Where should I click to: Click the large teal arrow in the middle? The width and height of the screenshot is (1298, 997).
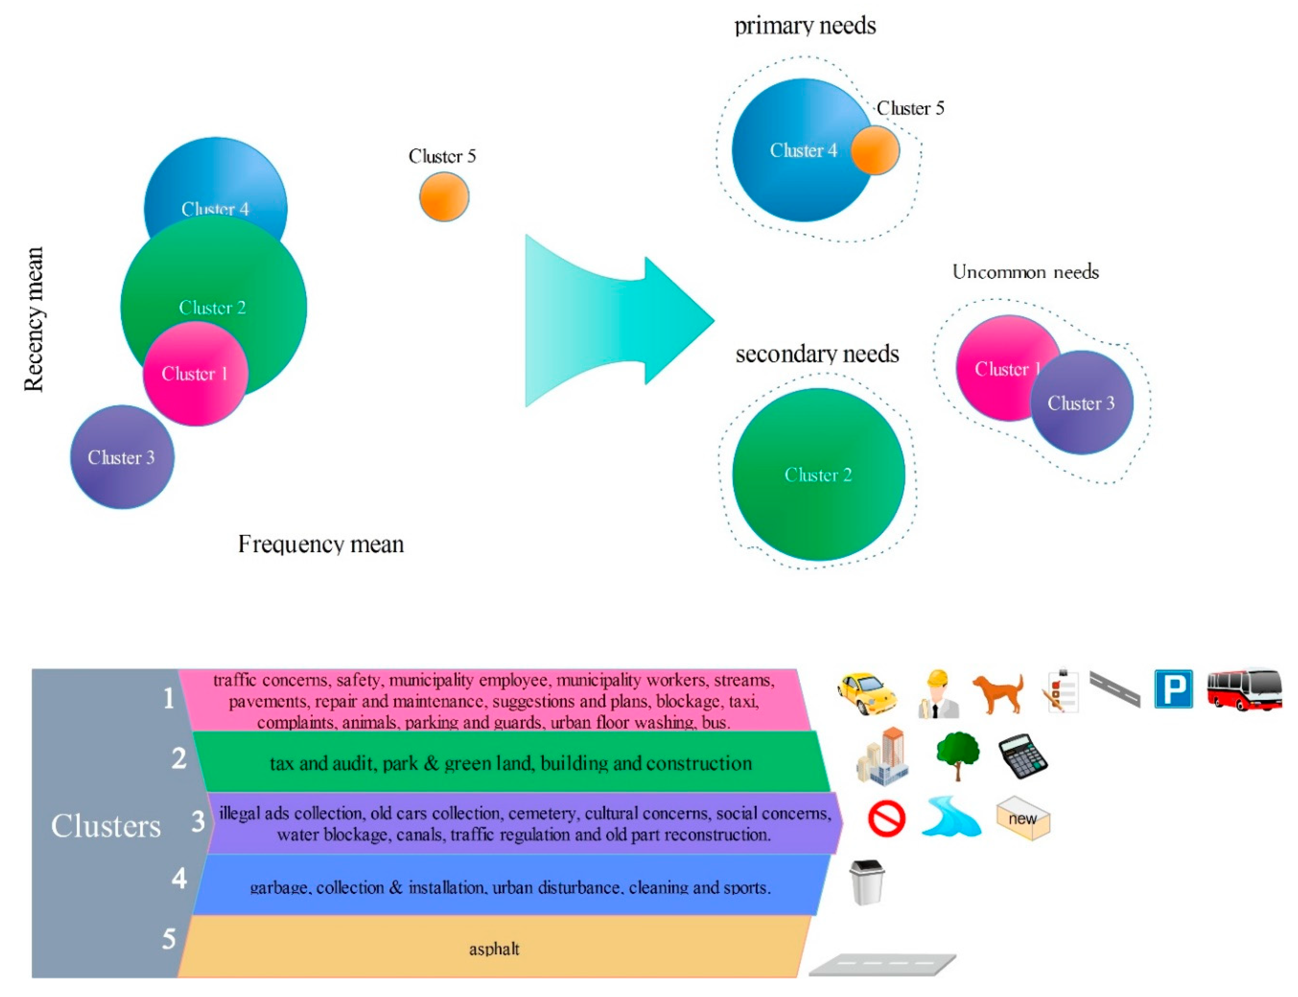click(x=617, y=320)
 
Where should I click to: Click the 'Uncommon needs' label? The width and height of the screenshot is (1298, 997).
click(x=1025, y=272)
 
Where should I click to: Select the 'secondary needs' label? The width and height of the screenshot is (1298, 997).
click(x=817, y=354)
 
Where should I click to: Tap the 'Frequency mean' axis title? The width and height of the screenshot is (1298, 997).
click(x=320, y=544)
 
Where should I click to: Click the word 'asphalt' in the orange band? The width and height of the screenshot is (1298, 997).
click(x=494, y=949)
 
